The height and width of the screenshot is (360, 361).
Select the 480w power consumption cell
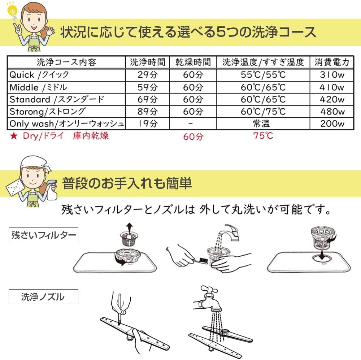(332, 112)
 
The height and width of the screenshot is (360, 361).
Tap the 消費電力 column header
(332, 62)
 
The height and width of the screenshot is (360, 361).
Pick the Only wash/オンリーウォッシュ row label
(67, 124)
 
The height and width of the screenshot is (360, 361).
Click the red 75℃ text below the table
(263, 136)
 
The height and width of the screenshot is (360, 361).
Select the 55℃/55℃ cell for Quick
(263, 75)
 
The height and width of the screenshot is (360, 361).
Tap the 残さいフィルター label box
(43, 236)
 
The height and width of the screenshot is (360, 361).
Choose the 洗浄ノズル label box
(43, 297)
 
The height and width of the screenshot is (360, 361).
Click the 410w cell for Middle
(332, 87)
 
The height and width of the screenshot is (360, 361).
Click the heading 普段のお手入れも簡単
(126, 184)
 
